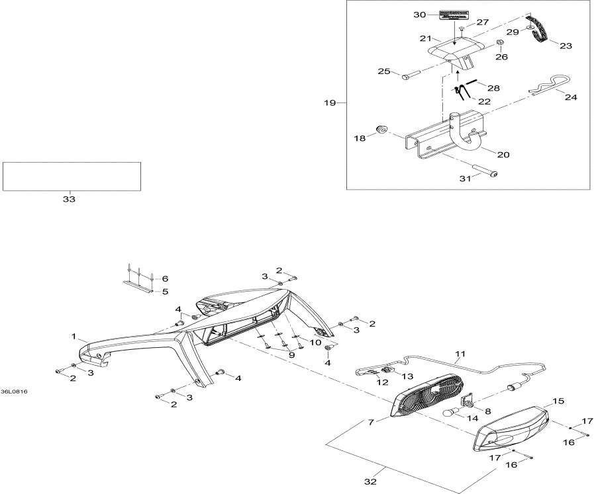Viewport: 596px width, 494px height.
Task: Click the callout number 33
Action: click(69, 199)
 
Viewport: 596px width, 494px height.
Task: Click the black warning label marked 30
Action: click(456, 15)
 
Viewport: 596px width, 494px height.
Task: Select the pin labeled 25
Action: click(406, 76)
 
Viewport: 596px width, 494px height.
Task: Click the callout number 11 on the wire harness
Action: click(460, 354)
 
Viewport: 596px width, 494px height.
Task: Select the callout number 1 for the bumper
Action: click(74, 337)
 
